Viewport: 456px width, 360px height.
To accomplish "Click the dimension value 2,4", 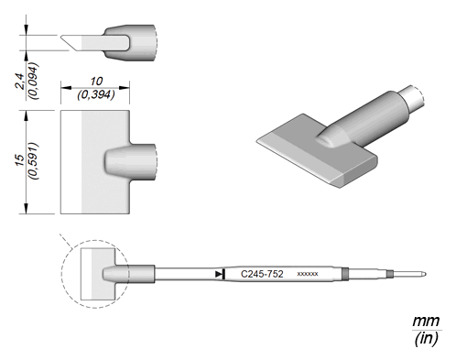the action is click(20, 82).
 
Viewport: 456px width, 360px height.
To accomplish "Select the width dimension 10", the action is click(96, 82).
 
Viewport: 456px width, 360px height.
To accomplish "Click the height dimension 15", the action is click(20, 160).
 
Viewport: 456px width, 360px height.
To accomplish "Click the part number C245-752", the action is click(262, 274).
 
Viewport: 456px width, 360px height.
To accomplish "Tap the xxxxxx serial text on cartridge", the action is click(308, 274).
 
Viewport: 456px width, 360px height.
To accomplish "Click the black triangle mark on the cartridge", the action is click(220, 274).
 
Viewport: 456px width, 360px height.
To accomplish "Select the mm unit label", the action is click(426, 322).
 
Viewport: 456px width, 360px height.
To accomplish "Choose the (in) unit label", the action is click(426, 338).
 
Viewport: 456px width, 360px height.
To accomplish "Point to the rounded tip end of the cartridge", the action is click(424, 274).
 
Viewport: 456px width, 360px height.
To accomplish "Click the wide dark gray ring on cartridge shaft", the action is click(345, 274).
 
